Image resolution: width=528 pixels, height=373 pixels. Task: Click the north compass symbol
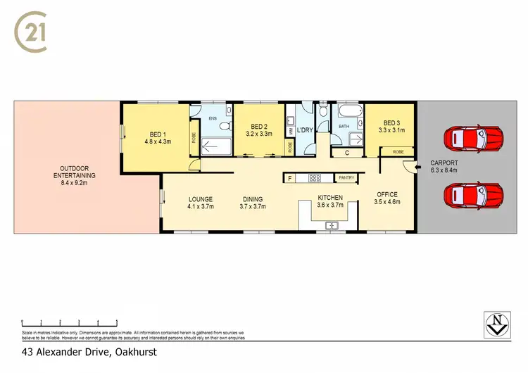click(498, 324)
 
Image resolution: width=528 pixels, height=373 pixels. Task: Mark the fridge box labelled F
click(289, 178)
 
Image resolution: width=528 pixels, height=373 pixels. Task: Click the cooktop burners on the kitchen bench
click(313, 178)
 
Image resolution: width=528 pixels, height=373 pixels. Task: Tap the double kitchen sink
click(332, 225)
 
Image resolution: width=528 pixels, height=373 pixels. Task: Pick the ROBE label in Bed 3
click(398, 151)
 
